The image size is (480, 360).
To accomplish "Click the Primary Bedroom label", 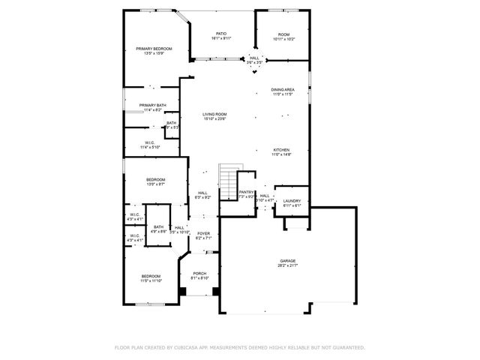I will point(154,49).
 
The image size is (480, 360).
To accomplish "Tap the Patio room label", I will point(221,33).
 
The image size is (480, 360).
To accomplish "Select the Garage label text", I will point(288,260).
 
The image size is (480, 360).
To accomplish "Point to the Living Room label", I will point(214,114).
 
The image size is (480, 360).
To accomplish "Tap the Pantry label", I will point(247,192).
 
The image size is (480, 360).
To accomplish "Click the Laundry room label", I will point(291,200).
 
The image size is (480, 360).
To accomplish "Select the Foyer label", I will point(203,233).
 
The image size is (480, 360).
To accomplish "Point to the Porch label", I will point(199,273).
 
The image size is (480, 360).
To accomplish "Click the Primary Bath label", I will point(151,105).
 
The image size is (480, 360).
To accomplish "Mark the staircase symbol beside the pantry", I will point(228,181).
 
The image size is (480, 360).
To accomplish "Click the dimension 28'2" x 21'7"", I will point(288,265).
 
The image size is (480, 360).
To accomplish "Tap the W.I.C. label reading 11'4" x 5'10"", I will point(151,146).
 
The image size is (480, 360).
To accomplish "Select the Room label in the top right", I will point(283,34).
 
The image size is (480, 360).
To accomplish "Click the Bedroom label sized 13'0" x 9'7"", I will point(155,179).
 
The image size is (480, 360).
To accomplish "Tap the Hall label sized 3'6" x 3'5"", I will point(255,58).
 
